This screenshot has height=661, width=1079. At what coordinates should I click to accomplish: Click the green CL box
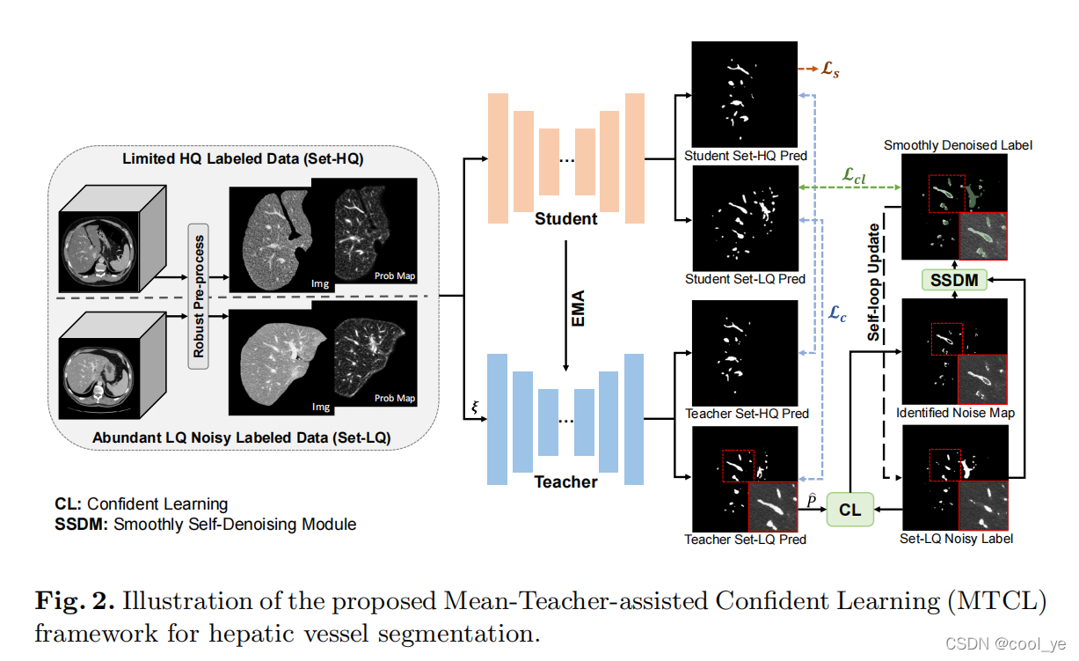[850, 510]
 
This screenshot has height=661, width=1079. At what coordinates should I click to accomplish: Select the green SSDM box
[953, 281]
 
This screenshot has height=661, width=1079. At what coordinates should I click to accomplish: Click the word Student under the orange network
[565, 218]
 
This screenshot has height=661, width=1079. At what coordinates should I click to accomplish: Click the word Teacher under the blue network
[565, 482]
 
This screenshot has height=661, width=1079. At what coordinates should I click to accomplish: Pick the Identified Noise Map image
[955, 352]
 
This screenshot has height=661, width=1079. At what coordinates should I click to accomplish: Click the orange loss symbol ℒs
[830, 70]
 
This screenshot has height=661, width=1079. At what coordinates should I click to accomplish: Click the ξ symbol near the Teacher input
[476, 407]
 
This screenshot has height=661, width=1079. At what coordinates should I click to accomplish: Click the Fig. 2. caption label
[75, 602]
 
